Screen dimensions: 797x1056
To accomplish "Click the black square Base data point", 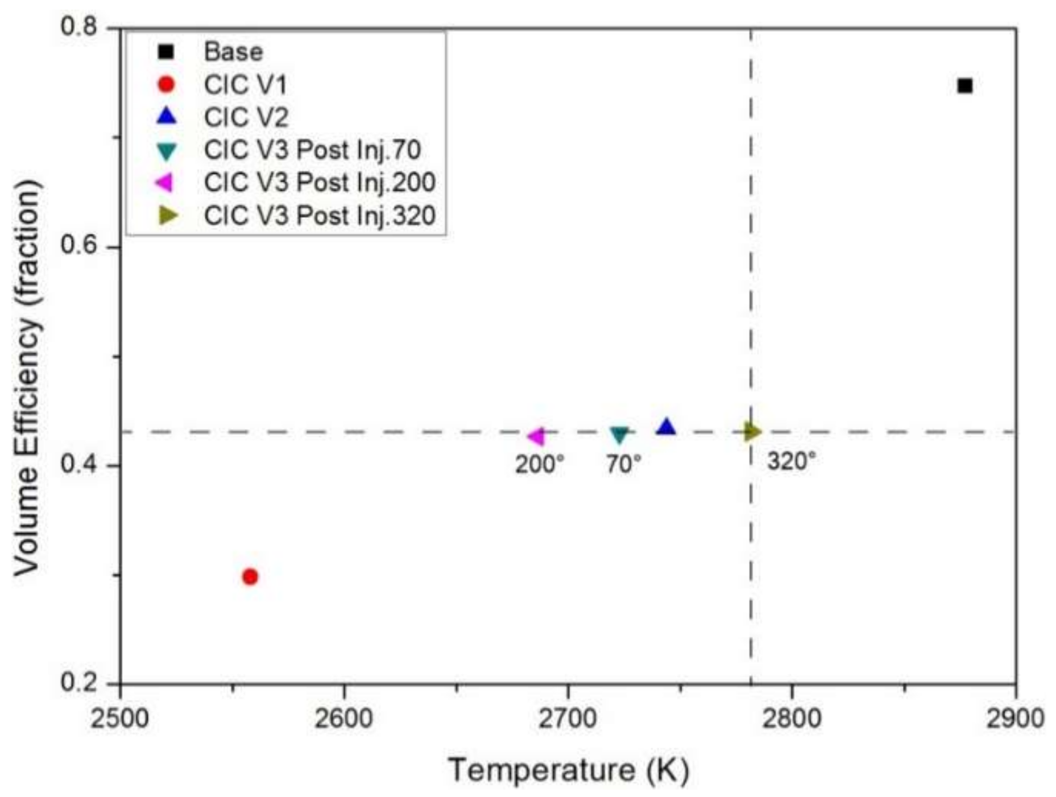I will [x=964, y=86].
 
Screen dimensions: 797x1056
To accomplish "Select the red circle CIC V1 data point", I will [x=250, y=576].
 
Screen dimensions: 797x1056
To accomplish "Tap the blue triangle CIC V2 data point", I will [x=666, y=427].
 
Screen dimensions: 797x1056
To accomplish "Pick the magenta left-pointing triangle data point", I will [x=536, y=436].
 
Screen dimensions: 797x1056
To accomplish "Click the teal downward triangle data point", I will [x=619, y=435].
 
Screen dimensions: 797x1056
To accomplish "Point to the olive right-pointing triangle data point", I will [x=751, y=432].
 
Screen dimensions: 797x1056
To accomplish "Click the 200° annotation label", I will [x=539, y=465].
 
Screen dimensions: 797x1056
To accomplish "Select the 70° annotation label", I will [x=623, y=465].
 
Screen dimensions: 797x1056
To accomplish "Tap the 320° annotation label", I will [x=791, y=461].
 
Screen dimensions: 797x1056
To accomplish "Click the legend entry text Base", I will [x=233, y=52].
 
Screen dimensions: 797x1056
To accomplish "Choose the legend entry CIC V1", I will [x=246, y=85].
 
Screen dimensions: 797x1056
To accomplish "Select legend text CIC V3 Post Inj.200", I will [x=320, y=183].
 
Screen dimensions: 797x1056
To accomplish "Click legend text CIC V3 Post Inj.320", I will [x=320, y=216].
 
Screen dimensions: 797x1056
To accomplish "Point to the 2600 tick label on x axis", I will [x=343, y=718].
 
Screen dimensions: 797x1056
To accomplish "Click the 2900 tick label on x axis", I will [x=1015, y=718].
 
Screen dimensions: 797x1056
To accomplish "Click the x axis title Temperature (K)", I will [x=569, y=770].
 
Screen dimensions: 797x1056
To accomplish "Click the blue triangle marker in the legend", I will [x=167, y=117].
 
